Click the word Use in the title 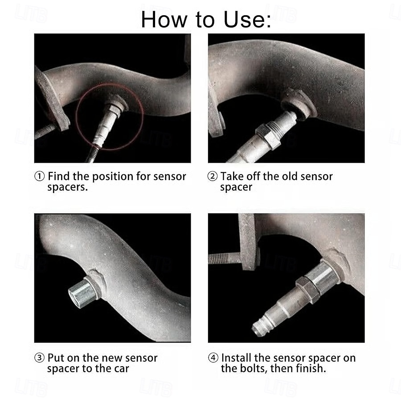point(247,20)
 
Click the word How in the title point(164,20)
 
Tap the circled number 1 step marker point(39,176)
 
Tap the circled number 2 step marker point(213,176)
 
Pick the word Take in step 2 point(232,176)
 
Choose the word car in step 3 point(122,369)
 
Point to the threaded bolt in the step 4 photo point(225,258)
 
